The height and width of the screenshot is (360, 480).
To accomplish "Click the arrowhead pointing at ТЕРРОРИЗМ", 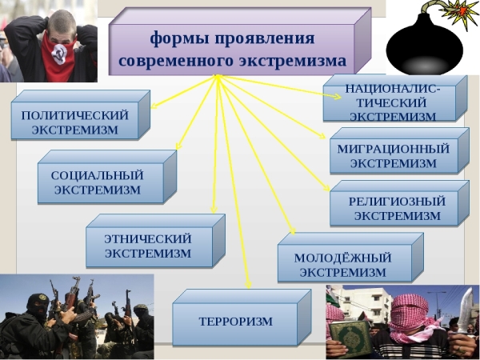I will (249, 286).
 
